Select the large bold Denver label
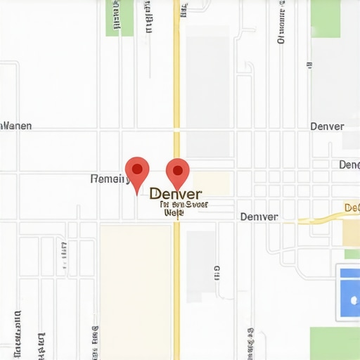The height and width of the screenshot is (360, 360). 176,193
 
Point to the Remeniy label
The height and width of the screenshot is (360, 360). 110,179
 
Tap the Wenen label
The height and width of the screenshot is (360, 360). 15,127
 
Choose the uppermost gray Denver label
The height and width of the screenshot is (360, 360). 327,127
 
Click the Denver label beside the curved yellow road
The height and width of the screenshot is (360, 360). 259,217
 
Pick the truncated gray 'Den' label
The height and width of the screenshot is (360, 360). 349,165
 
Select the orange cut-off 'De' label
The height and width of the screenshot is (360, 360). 352,207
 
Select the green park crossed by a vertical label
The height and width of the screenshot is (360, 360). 119,18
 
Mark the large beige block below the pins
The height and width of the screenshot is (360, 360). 136,288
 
